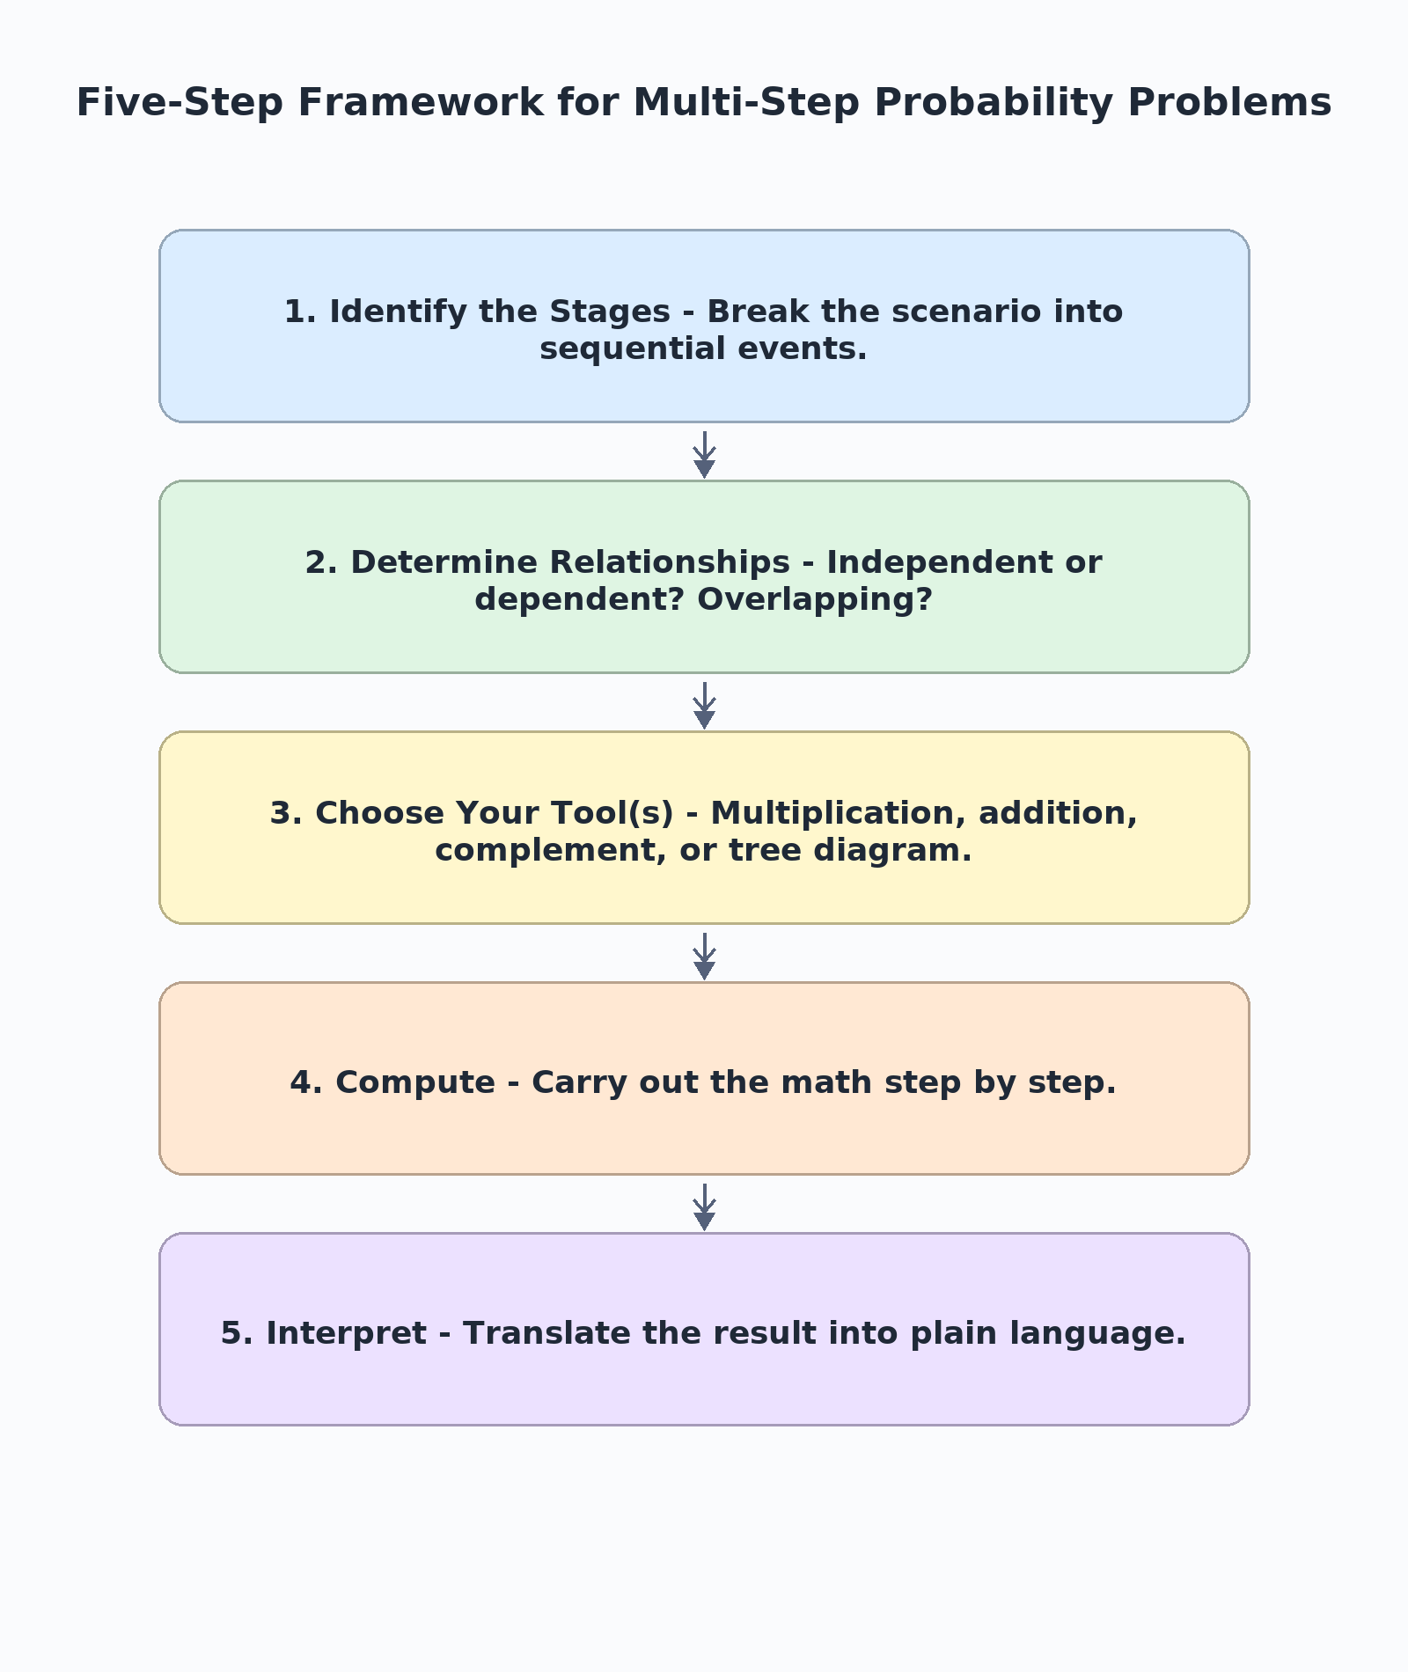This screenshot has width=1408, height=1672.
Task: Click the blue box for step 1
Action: click(704, 326)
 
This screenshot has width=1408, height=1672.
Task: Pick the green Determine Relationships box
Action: click(704, 577)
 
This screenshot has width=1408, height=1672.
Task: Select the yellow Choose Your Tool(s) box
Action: click(704, 828)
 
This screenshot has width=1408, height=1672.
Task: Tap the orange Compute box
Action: click(704, 1079)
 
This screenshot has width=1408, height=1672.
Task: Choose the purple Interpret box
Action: click(704, 1330)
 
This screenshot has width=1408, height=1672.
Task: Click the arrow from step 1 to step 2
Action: click(704, 454)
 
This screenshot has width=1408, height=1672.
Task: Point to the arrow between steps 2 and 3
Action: click(704, 705)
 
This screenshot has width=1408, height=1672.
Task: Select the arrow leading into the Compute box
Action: click(704, 956)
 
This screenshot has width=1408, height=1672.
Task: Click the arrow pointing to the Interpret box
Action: click(704, 1206)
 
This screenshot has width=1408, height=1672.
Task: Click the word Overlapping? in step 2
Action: click(815, 600)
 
